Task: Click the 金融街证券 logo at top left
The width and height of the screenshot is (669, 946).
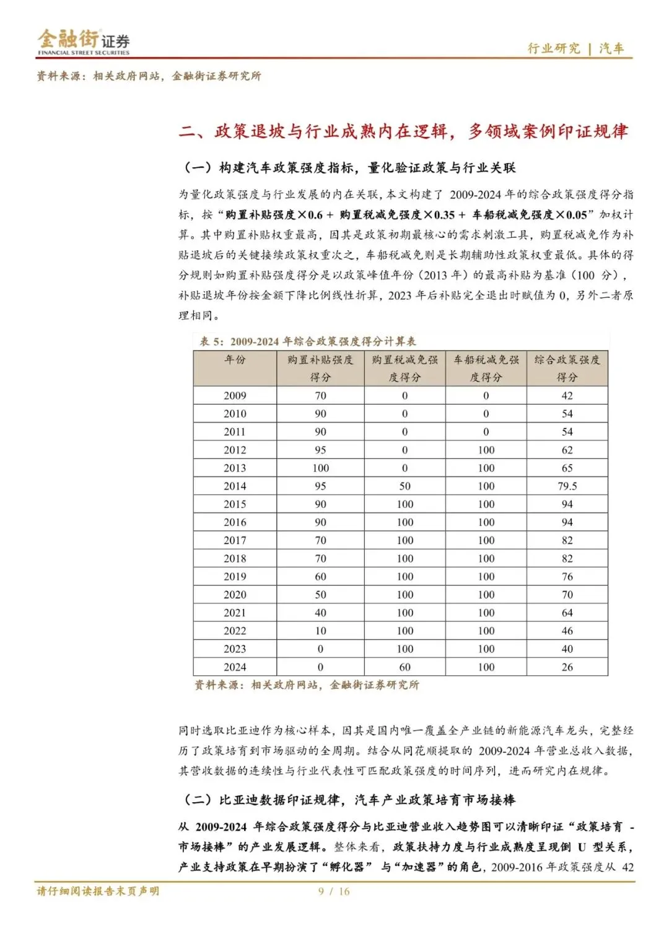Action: tap(83, 42)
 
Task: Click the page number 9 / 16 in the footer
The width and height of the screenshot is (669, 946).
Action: tap(334, 891)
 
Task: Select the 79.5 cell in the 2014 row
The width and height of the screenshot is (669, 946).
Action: tap(567, 486)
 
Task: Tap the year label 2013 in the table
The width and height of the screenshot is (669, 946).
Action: tap(235, 468)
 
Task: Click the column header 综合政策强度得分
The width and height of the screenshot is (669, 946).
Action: tap(567, 368)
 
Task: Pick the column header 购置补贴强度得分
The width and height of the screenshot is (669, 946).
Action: tap(320, 368)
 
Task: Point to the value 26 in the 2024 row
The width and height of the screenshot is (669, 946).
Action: tap(567, 667)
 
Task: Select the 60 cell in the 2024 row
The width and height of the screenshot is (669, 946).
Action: tap(404, 667)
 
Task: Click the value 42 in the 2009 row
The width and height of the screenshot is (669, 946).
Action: tap(567, 395)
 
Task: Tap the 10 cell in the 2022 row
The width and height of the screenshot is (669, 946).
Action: tap(320, 631)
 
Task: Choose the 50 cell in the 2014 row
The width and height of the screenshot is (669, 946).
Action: tap(404, 486)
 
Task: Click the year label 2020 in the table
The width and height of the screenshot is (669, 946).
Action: tap(235, 594)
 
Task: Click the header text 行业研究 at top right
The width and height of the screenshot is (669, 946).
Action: tap(553, 48)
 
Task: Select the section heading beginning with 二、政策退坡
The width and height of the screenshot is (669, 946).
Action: tap(403, 131)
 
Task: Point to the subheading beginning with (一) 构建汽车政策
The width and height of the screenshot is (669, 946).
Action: tap(349, 168)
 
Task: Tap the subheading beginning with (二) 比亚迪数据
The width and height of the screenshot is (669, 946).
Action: tap(349, 800)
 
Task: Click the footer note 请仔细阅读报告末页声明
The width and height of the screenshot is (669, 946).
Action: tap(98, 891)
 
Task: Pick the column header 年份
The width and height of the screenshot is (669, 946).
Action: tap(235, 359)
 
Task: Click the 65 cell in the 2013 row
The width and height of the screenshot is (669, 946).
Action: tap(567, 468)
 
